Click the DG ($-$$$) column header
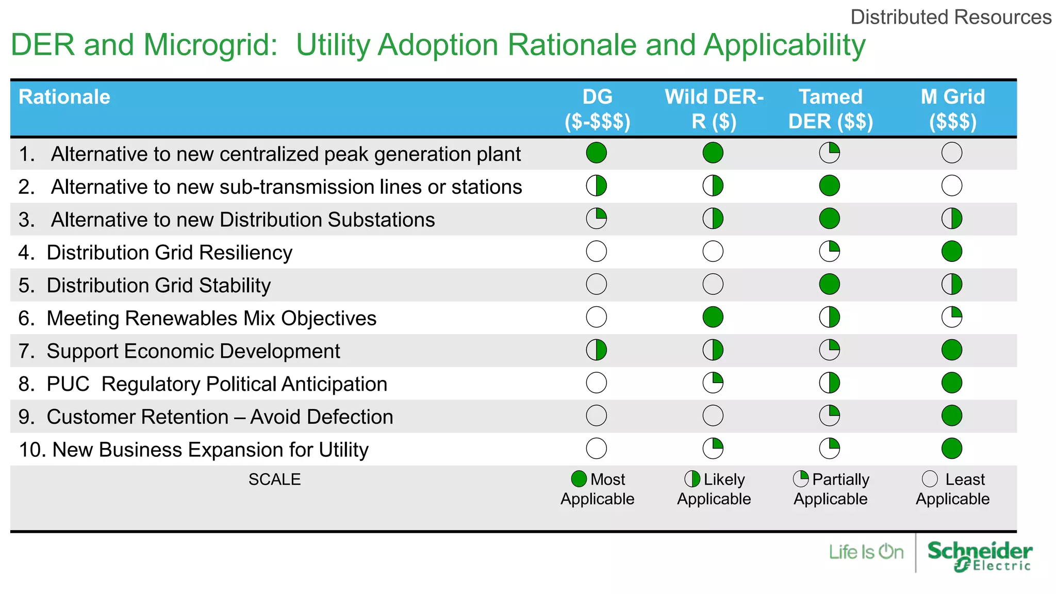click(597, 109)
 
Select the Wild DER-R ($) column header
click(714, 109)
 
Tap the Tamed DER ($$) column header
click(830, 109)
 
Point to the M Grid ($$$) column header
click(952, 109)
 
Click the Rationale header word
click(64, 97)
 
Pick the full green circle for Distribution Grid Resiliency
click(951, 252)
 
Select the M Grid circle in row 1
click(951, 153)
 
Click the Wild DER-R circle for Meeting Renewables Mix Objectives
click(713, 317)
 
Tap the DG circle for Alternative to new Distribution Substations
click(597, 219)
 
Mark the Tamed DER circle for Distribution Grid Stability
click(829, 284)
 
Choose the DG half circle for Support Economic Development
click(597, 350)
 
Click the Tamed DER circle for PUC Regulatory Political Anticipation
click(829, 383)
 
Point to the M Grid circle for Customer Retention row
click(951, 416)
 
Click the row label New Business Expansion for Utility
click(193, 450)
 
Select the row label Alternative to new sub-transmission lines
click(286, 187)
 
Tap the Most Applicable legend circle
click(579, 479)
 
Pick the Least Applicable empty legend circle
click(930, 479)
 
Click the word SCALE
click(274, 480)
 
